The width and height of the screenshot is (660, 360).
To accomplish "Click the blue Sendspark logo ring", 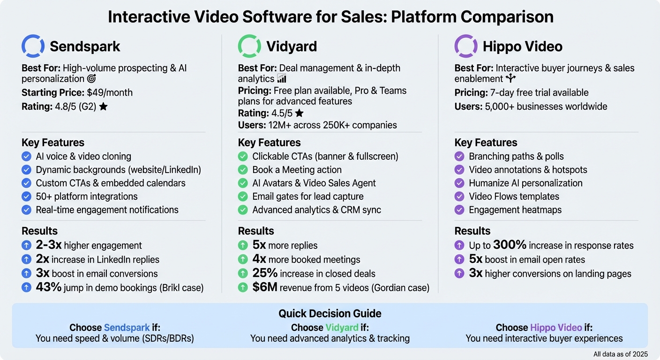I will point(33,46).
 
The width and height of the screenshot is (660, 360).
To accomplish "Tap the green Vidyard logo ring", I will point(249,46).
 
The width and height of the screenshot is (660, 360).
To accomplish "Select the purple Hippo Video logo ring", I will point(466,46).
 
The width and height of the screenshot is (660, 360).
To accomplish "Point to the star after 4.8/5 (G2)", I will point(103,107).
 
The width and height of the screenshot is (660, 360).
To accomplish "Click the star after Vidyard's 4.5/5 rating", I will point(299,113).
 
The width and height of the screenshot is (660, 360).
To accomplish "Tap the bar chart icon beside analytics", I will point(282,79).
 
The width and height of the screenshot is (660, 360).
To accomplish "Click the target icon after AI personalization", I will point(92,79).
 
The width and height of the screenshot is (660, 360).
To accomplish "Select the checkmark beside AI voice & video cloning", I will point(26,157).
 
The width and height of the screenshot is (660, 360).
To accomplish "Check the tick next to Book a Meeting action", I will point(243,170).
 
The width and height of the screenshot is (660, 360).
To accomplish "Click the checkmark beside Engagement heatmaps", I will point(459,210).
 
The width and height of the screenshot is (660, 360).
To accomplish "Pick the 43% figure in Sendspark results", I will point(49,287).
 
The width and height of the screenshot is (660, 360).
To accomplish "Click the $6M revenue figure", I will point(265,287).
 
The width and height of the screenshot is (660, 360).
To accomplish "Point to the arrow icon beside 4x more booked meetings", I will point(243,259).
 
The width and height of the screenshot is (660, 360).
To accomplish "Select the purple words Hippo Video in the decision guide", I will point(556,328).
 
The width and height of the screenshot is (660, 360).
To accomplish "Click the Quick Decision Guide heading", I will point(330,314).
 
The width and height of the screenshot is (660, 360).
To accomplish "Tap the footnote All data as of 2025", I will point(620,354).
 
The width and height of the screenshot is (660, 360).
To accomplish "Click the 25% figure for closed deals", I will point(265,273).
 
